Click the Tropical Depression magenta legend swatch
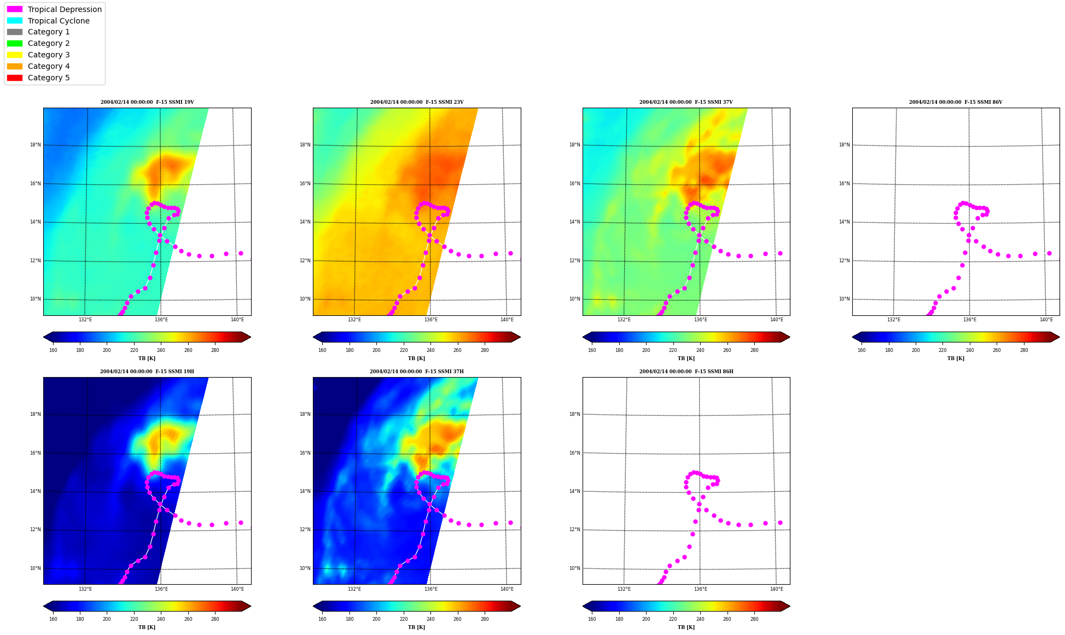[x=15, y=9]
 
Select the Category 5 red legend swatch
[x=15, y=78]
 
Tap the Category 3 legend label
[x=49, y=55]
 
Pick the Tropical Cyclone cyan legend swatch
[x=15, y=21]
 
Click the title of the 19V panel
[x=147, y=102]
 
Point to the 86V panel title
[x=956, y=102]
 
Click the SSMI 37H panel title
[x=417, y=372]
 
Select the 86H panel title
[x=686, y=372]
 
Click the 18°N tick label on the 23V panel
[x=305, y=145]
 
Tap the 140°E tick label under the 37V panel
[x=776, y=320]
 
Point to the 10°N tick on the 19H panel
[x=36, y=568]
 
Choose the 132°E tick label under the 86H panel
[x=624, y=589]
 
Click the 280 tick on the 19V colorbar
[x=215, y=350]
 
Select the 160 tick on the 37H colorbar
[x=322, y=620]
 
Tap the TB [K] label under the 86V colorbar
[x=956, y=358]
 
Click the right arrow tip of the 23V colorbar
[x=520, y=337]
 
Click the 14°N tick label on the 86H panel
[x=575, y=491]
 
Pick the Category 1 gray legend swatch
[x=15, y=32]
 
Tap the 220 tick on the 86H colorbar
[x=673, y=620]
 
